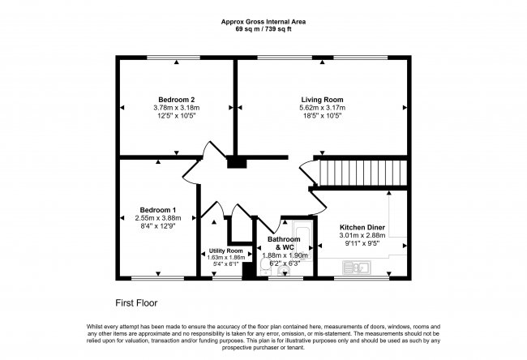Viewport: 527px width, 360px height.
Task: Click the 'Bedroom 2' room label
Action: click(175, 99)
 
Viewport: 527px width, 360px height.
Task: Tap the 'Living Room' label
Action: click(322, 99)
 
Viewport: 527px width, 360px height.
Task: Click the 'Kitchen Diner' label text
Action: click(363, 227)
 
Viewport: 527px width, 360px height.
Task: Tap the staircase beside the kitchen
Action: click(362, 173)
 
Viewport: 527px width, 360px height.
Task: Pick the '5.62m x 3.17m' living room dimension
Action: click(322, 108)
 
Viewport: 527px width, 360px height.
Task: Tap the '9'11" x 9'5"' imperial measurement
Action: click(363, 243)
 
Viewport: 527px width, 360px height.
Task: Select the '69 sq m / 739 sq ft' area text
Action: click(264, 29)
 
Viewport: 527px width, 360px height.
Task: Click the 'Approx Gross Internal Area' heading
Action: click(264, 22)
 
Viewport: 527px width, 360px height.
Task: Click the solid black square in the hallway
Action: click(236, 163)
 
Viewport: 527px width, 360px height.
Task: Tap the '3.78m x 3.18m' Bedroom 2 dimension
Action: click(175, 108)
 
